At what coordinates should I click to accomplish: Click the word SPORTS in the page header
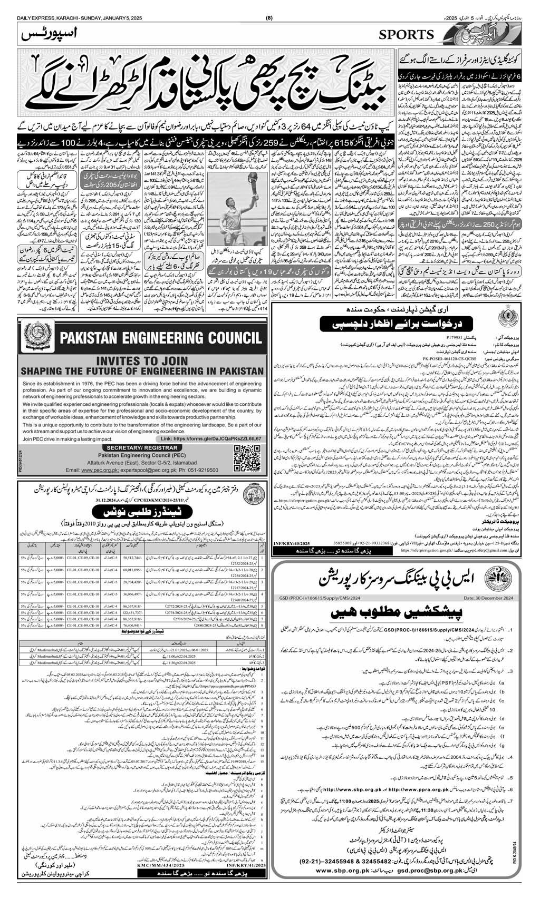click(406, 35)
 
